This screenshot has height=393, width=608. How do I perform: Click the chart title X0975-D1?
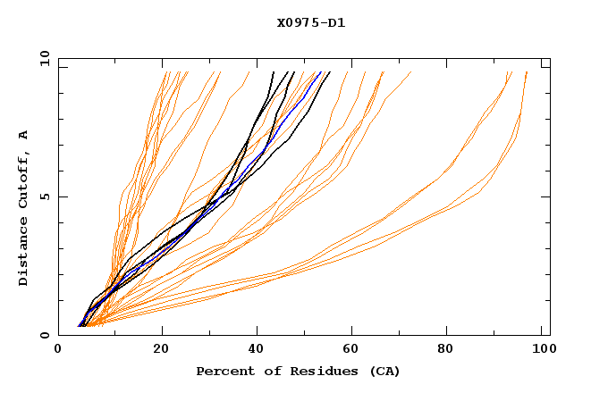(310, 23)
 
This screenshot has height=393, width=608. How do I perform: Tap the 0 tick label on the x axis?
(58, 351)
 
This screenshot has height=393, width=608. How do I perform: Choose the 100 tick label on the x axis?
(541, 351)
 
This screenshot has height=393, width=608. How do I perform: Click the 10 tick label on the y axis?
(43, 58)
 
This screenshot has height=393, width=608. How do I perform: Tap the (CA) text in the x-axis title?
(384, 372)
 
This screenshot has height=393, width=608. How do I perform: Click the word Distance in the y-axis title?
(24, 250)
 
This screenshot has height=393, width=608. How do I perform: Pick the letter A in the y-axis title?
(24, 134)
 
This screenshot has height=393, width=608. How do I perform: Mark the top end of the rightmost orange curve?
(527, 72)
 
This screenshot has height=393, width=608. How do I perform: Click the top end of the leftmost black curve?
(273, 72)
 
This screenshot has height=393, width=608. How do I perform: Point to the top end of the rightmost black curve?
(329, 72)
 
